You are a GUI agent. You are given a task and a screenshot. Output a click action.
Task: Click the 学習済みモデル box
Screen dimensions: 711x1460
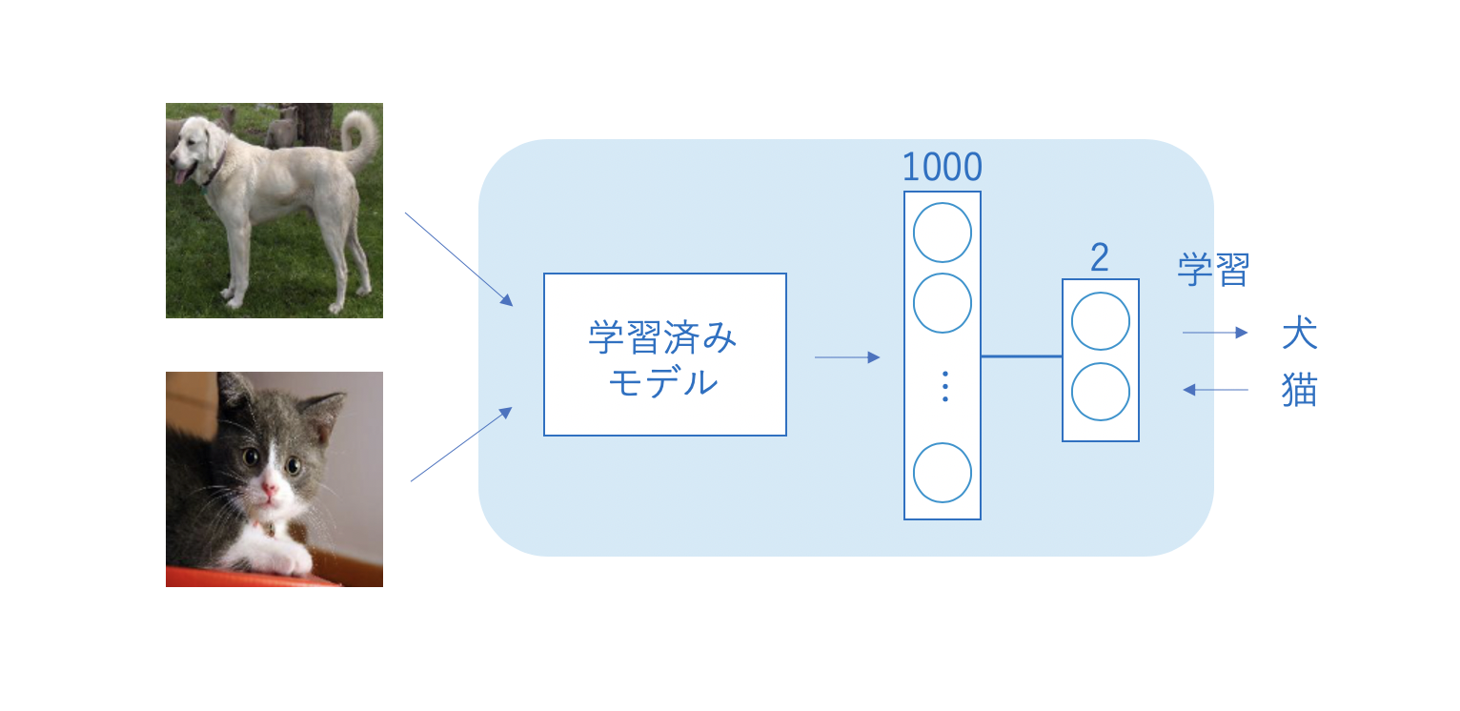(x=664, y=355)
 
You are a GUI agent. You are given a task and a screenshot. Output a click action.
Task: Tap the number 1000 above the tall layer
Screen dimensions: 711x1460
(x=942, y=168)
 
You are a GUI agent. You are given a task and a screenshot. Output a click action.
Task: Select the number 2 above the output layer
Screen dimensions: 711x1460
(x=1100, y=258)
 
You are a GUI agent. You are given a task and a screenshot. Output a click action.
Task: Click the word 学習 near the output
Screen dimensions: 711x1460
(x=1212, y=270)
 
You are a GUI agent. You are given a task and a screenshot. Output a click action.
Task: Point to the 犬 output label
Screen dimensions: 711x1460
(x=1299, y=334)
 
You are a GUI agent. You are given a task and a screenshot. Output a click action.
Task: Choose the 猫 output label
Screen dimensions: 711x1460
(x=1299, y=390)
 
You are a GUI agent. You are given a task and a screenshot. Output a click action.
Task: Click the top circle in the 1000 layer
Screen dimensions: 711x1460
(x=943, y=233)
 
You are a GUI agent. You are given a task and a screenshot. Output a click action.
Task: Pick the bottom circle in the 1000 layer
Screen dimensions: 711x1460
(x=943, y=473)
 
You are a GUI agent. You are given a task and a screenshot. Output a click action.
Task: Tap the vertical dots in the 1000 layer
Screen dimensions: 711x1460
(x=944, y=386)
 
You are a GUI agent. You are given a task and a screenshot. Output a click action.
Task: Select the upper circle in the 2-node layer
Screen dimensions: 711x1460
(x=1101, y=321)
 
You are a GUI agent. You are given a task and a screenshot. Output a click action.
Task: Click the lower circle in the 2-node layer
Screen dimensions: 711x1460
(x=1101, y=392)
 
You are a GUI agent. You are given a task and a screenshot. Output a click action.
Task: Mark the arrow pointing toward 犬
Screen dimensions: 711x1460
(x=1215, y=333)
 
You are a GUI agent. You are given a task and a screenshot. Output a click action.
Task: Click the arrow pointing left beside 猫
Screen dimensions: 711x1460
(x=1215, y=389)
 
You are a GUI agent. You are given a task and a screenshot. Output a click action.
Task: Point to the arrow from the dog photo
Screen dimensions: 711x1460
(x=459, y=259)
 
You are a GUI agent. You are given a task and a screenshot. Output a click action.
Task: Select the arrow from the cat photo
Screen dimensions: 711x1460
(x=461, y=444)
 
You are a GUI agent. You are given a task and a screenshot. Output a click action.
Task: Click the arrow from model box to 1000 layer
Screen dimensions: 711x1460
(x=847, y=357)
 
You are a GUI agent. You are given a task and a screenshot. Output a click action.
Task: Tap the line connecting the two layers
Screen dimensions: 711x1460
(x=1022, y=356)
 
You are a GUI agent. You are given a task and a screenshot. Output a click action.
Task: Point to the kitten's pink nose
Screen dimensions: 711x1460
(x=270, y=492)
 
